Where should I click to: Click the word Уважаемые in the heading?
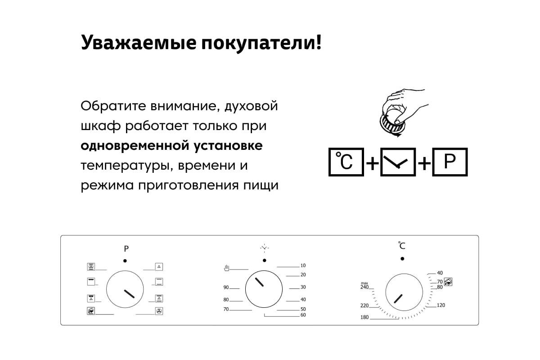pyautogui.click(x=139, y=43)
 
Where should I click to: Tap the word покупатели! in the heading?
pyautogui.click(x=261, y=43)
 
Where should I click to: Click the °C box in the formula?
pyautogui.click(x=346, y=162)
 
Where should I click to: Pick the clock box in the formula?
pyautogui.click(x=398, y=162)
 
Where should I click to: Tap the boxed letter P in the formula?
pyautogui.click(x=450, y=162)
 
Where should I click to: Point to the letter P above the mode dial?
pyautogui.click(x=126, y=248)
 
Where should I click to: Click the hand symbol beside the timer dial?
pyautogui.click(x=227, y=268)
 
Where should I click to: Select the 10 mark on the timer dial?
pyautogui.click(x=303, y=265)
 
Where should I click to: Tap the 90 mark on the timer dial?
pyautogui.click(x=226, y=287)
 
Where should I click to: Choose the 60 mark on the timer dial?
pyautogui.click(x=303, y=315)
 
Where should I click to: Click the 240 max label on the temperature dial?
pyautogui.click(x=364, y=285)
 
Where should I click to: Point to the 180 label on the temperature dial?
pyautogui.click(x=364, y=317)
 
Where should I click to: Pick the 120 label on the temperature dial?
pyautogui.click(x=441, y=305)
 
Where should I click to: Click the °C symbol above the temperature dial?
pyautogui.click(x=401, y=245)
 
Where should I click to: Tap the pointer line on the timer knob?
pyautogui.click(x=259, y=282)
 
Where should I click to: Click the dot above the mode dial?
pyautogui.click(x=125, y=261)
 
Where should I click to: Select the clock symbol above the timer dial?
pyautogui.click(x=265, y=248)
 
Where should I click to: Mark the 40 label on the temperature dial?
pyautogui.click(x=440, y=273)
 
